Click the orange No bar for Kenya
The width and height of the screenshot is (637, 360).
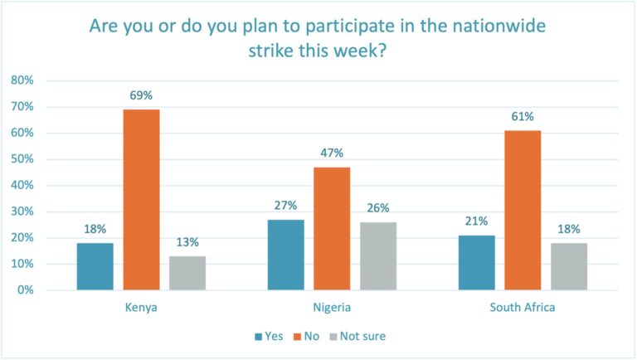coord(141,200)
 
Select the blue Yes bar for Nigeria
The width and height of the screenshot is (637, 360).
coord(285,255)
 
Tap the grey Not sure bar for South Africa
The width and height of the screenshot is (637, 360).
coord(568,266)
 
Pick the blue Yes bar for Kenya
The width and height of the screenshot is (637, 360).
coord(95,266)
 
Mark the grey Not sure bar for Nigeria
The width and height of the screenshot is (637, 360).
coord(378,255)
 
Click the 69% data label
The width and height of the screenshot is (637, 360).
coord(141,95)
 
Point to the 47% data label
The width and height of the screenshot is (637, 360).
coord(332,153)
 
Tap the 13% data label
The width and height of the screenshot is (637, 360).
coord(187,242)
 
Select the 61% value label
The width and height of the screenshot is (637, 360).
coord(522,116)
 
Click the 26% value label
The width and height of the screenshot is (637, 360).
coord(378,208)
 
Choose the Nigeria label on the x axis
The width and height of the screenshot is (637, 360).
coord(332,308)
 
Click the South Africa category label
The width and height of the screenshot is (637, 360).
coord(522,308)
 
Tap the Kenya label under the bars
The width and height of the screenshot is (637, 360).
coord(141,308)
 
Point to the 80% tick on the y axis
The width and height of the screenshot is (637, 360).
coord(22,80)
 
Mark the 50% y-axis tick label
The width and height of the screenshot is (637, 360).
coord(22,159)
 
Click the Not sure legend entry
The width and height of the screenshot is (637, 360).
coord(362,336)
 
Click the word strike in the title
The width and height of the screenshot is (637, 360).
coord(271,50)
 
